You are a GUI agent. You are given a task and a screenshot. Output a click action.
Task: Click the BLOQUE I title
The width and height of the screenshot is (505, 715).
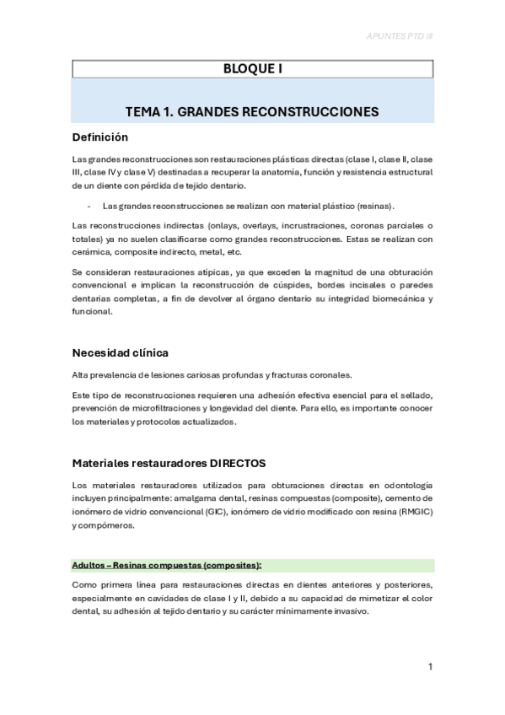[x=252, y=70]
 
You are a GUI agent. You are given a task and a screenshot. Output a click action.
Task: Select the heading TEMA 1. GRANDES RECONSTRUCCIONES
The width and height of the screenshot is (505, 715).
[x=252, y=111]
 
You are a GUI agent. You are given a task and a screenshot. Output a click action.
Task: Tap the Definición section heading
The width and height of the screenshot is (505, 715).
[x=99, y=137]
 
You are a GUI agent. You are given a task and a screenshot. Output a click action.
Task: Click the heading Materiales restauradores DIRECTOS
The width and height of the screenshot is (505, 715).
[x=169, y=463]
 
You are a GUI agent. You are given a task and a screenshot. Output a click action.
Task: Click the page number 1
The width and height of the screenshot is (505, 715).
[x=430, y=667]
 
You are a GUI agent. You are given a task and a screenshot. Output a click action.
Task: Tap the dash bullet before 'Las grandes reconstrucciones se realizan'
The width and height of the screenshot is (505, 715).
[x=89, y=206]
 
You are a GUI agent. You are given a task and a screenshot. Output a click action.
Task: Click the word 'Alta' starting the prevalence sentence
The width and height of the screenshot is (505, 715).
[x=82, y=375]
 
